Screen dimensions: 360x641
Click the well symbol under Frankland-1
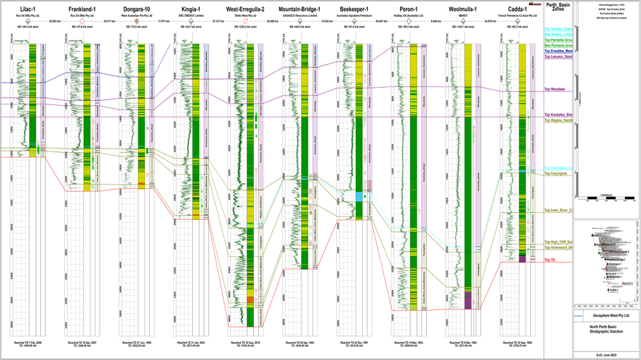(81, 21)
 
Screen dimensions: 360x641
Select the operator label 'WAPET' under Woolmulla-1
(458, 15)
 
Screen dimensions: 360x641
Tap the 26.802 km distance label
(54, 21)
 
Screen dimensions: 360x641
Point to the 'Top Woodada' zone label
(554, 89)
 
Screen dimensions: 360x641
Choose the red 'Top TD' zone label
(550, 259)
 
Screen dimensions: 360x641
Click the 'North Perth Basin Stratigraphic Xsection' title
(606, 334)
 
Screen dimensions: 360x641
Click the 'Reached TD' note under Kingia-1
(190, 343)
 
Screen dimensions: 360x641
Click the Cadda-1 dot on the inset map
(606, 290)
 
